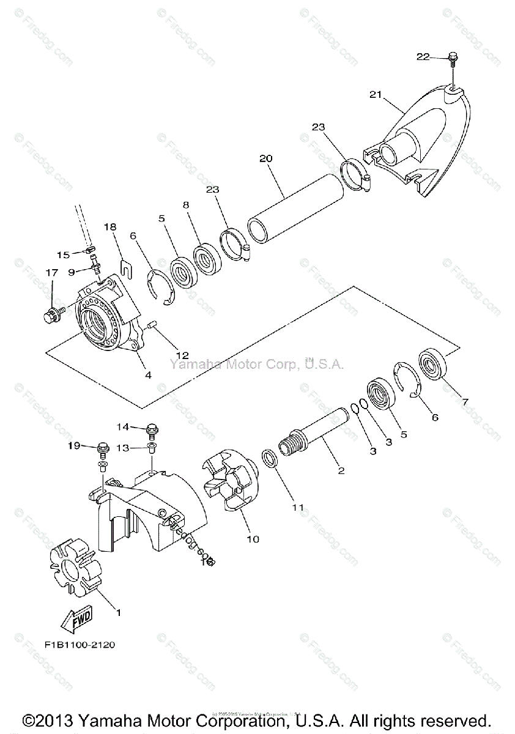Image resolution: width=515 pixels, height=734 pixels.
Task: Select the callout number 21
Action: pos(375,94)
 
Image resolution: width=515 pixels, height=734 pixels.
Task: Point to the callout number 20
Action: pos(265,158)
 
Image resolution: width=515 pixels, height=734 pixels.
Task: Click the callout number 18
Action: pos(110,226)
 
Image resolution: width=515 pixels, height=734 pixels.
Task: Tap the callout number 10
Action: pos(253,539)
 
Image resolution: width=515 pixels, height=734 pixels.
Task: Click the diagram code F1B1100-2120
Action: pos(80,645)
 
